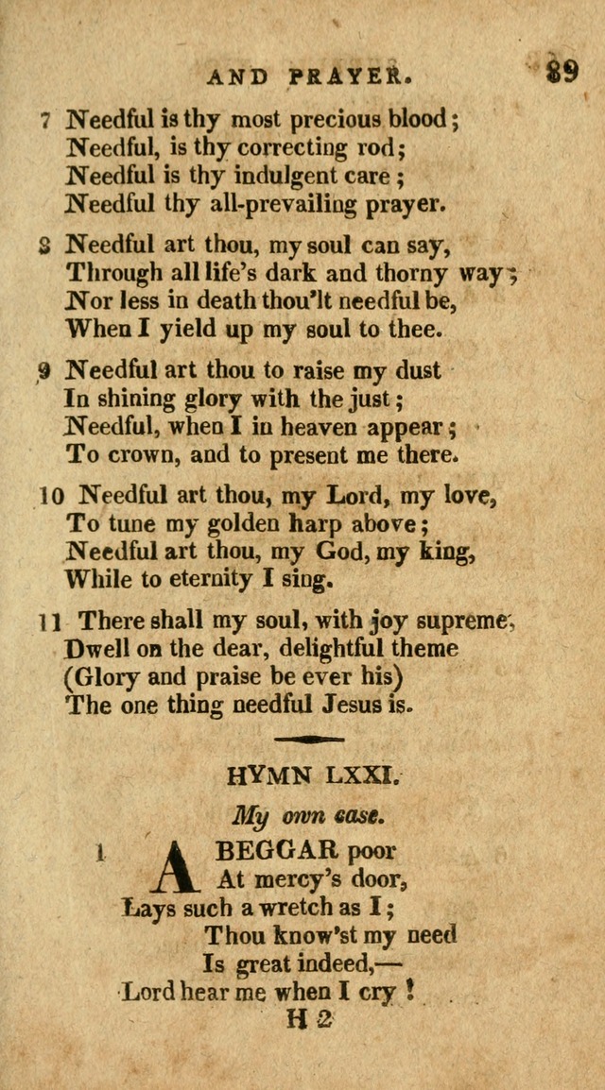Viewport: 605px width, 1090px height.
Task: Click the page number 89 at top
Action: point(562,72)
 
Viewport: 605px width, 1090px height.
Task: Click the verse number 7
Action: point(44,121)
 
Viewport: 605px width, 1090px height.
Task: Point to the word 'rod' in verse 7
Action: point(378,147)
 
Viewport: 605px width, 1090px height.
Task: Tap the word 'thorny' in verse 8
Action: point(448,274)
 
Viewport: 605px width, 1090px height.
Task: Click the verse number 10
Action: point(50,495)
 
